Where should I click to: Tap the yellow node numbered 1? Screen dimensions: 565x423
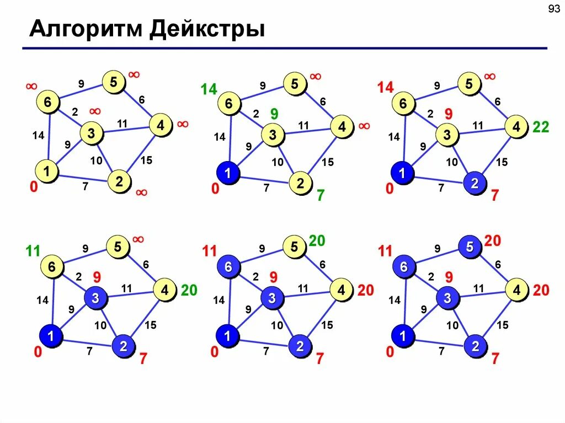point(47,172)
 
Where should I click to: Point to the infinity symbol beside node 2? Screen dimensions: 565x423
point(141,192)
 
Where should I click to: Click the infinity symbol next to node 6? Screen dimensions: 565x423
point(31,87)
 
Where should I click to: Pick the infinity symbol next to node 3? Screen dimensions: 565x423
point(95,111)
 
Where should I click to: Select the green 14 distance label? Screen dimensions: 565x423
point(209,89)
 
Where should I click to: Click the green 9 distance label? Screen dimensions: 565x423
point(274,114)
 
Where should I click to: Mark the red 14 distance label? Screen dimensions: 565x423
point(385,88)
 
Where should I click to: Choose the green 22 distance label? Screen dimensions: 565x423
point(541,127)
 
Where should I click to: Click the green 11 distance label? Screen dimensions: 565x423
point(33,251)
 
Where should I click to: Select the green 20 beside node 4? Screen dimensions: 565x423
point(189,290)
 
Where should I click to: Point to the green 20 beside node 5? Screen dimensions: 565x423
point(317,240)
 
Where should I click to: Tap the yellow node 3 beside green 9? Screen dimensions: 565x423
point(271,134)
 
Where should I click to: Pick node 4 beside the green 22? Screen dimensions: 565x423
point(516,127)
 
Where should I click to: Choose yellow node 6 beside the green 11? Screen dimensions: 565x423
point(51,267)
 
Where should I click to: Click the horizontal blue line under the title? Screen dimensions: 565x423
point(284,49)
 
